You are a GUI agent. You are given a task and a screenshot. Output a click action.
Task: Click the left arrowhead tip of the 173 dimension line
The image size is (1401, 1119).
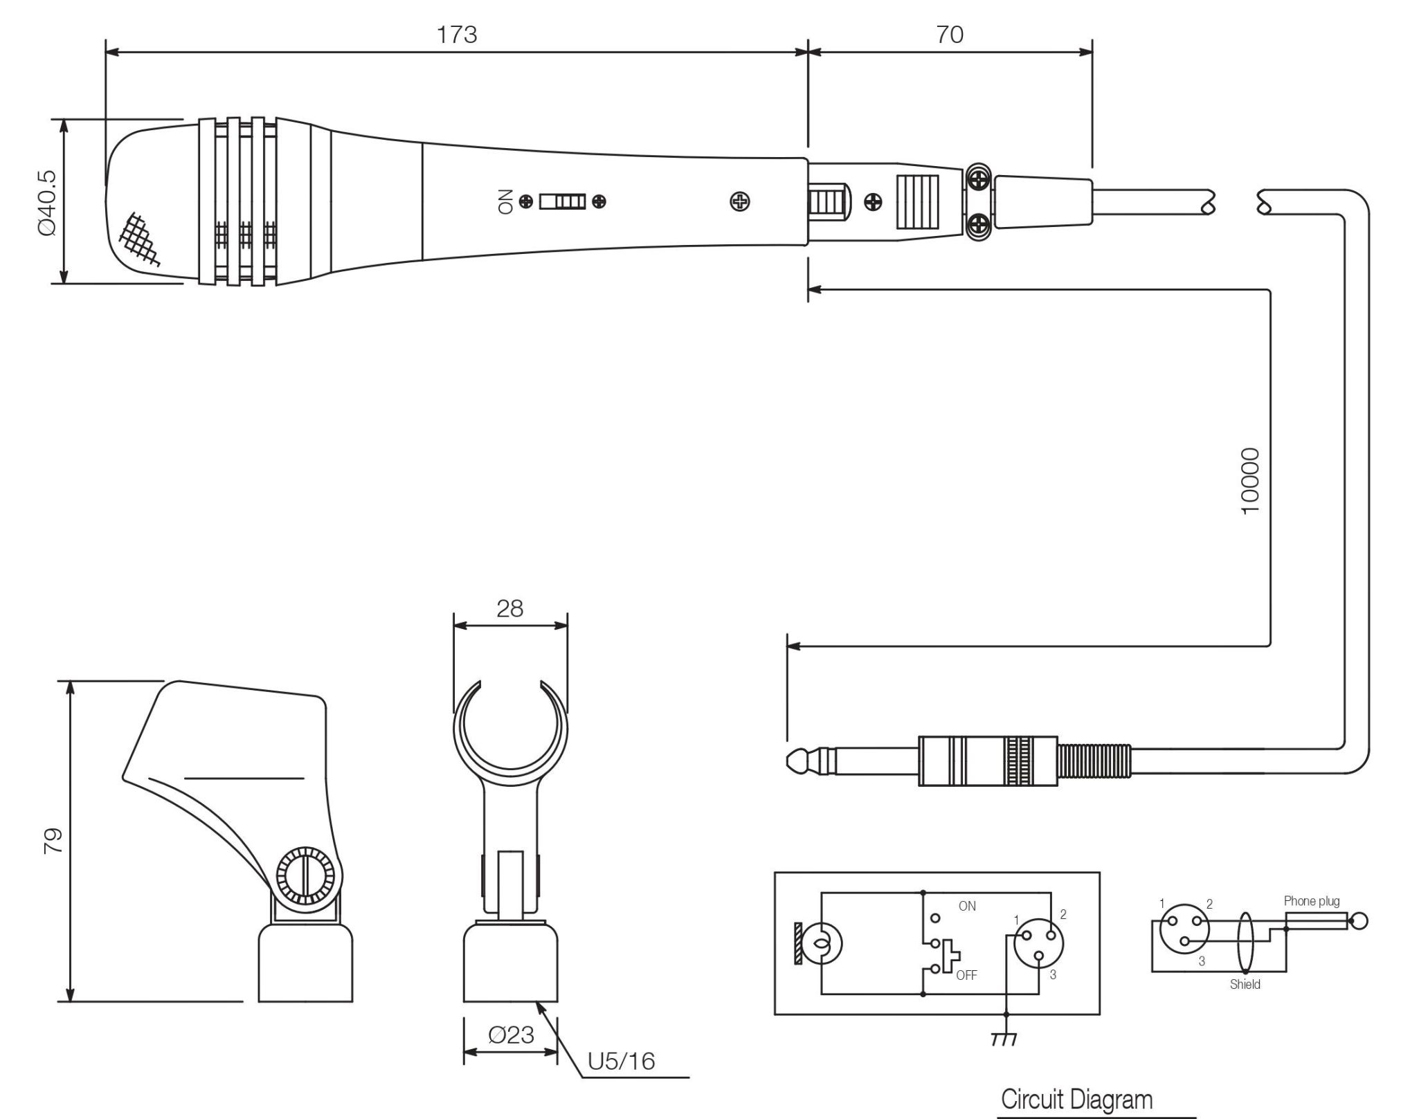tap(106, 52)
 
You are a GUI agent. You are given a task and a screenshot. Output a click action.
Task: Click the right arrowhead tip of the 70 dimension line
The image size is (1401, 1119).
tap(1092, 52)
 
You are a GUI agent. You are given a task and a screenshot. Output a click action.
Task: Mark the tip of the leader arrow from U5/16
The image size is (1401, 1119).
tap(536, 1003)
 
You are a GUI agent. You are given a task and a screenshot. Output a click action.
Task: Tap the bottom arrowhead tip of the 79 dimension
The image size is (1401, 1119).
tap(70, 1001)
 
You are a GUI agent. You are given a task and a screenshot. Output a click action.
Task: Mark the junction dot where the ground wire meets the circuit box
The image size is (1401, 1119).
tap(1006, 1015)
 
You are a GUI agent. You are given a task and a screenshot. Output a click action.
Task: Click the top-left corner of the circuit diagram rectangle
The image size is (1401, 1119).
tap(775, 873)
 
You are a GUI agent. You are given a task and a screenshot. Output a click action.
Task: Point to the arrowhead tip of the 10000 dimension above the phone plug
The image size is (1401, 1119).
tap(788, 646)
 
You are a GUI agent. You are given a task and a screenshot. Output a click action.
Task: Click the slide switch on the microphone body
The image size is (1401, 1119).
tap(563, 201)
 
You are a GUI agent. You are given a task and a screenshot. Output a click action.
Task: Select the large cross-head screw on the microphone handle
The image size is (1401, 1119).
tap(740, 201)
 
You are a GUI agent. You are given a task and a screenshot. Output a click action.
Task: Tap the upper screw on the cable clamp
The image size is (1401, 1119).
tap(978, 181)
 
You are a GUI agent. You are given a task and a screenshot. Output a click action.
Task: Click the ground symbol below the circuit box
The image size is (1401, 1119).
tap(1004, 1039)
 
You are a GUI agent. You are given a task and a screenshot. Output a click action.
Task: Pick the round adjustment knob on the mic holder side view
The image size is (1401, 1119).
tap(305, 876)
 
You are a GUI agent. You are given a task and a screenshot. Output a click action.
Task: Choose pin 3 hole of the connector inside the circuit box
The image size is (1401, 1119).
tap(1039, 957)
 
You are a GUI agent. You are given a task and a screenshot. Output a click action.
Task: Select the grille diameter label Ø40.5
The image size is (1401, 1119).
tap(48, 203)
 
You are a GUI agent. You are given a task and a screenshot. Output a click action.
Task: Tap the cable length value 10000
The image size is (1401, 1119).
tap(1250, 480)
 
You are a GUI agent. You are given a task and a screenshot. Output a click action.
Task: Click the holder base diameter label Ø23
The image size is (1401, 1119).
tap(511, 1035)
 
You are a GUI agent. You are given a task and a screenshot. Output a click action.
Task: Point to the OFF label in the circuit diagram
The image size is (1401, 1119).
tap(966, 975)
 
